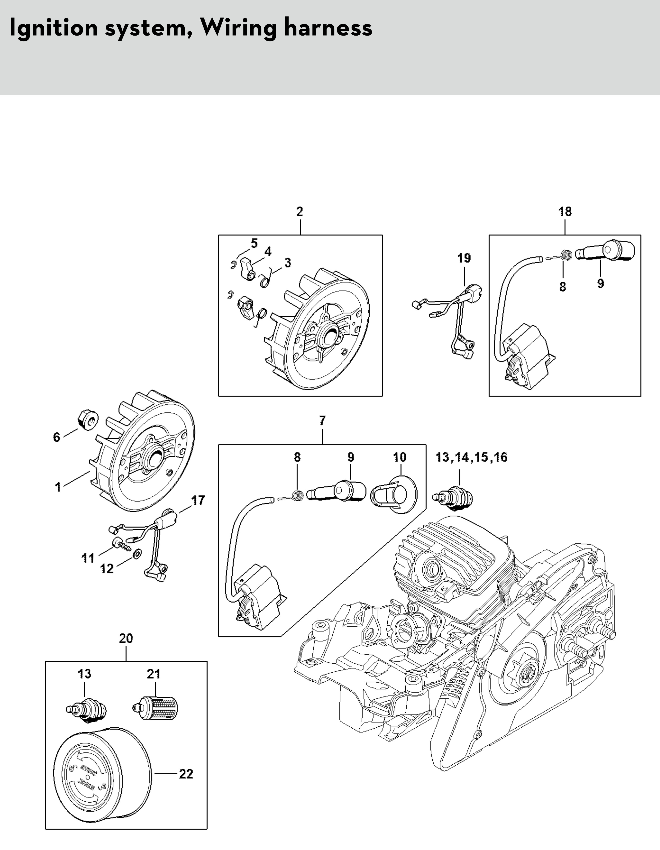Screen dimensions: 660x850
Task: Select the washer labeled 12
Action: click(137, 554)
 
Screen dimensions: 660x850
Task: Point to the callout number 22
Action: click(186, 774)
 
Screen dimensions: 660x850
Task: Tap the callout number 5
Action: click(254, 244)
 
